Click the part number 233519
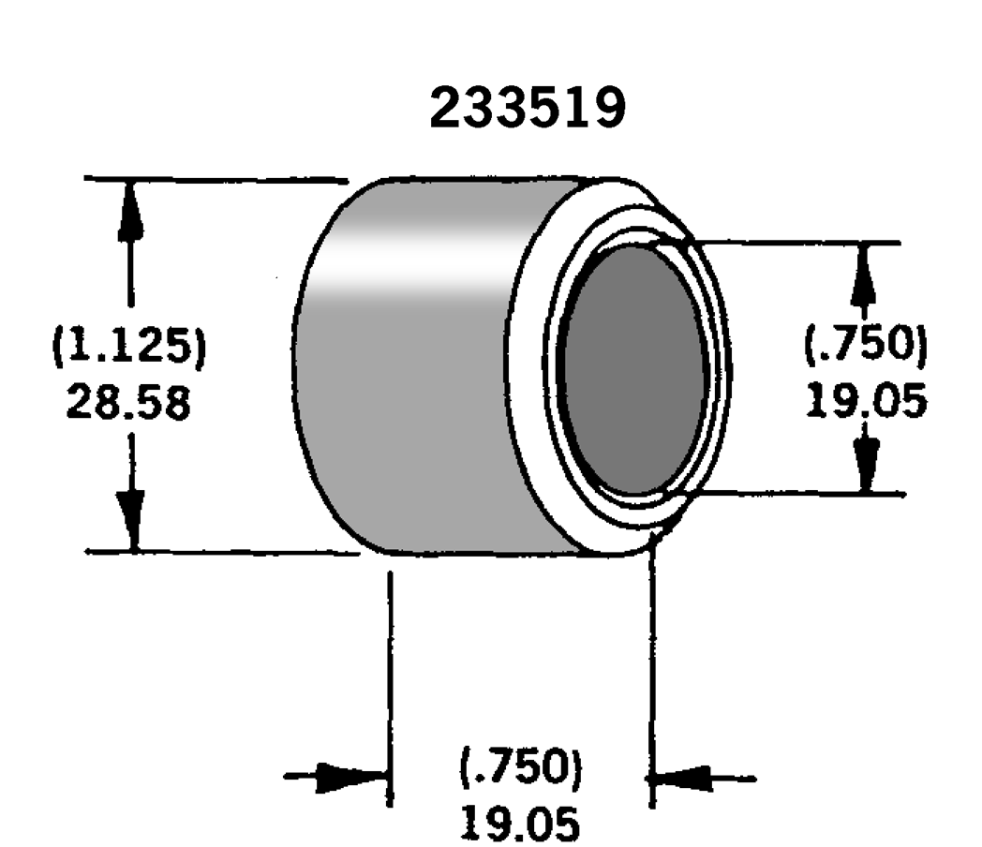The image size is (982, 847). (x=528, y=108)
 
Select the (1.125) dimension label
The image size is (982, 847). (x=129, y=345)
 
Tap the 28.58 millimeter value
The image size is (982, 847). (x=128, y=402)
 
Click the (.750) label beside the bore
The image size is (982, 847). (x=866, y=343)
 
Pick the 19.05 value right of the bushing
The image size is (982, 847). (x=866, y=400)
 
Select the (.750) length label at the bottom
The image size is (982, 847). (x=521, y=765)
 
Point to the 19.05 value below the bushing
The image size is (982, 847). (x=521, y=823)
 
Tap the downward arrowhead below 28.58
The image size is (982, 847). (x=132, y=521)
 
